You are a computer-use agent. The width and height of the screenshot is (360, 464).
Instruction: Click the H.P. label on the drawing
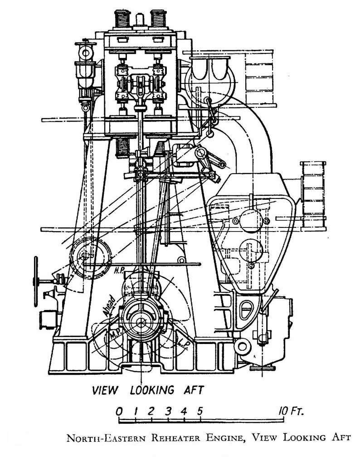[120, 270]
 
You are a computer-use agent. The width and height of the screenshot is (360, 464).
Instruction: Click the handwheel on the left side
[36, 281]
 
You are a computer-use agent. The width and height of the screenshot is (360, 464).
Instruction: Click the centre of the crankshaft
[141, 323]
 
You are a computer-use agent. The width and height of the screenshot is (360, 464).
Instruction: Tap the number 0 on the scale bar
[119, 411]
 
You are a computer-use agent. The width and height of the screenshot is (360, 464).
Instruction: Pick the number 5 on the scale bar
[200, 411]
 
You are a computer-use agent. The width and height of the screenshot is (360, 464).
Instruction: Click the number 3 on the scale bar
[169, 411]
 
